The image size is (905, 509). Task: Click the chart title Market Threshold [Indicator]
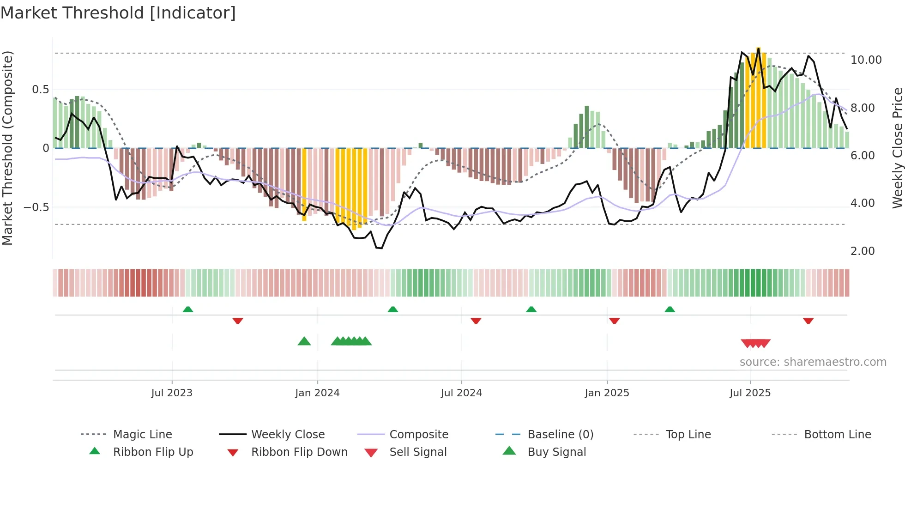[x=118, y=13]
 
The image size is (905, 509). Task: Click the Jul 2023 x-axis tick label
[x=172, y=393]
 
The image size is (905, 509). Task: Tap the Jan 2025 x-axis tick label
[x=607, y=393]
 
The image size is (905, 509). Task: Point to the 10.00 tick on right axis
[x=866, y=60]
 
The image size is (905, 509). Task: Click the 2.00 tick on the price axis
[x=862, y=251]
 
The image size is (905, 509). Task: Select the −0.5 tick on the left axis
[x=36, y=207]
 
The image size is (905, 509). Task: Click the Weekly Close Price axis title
[x=897, y=148]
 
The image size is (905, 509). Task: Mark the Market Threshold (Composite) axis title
[x=7, y=148]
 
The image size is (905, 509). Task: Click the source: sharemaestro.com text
[x=813, y=362]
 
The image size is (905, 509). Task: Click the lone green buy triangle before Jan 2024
[x=304, y=341]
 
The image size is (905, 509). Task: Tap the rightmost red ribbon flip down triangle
[x=808, y=321]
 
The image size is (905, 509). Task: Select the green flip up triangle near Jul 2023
[x=188, y=309]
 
